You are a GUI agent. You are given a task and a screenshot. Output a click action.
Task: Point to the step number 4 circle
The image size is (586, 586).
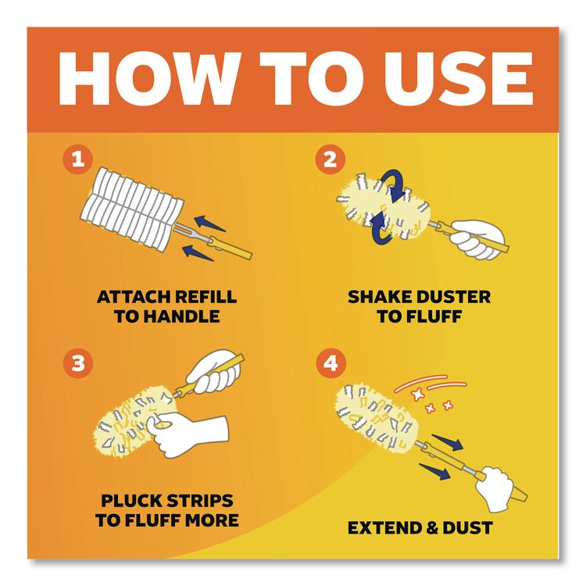click(330, 363)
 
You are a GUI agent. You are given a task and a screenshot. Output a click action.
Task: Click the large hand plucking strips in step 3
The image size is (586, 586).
click(188, 434)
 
